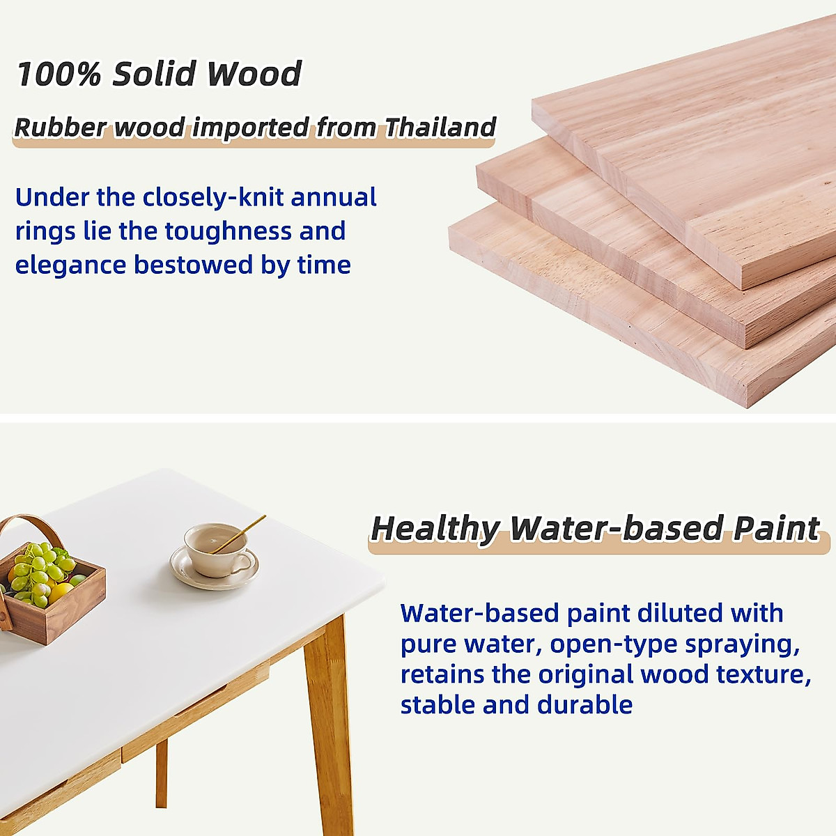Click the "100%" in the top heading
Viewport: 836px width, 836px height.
coord(59,73)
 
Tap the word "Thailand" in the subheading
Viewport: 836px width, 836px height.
coord(440,127)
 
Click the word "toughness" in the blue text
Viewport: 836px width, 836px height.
coord(228,231)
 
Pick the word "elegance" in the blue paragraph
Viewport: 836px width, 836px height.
coord(71,265)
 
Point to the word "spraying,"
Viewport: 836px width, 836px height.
coord(742,644)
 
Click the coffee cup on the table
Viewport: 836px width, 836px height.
coord(217,551)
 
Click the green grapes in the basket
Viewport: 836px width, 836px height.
coord(42,568)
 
